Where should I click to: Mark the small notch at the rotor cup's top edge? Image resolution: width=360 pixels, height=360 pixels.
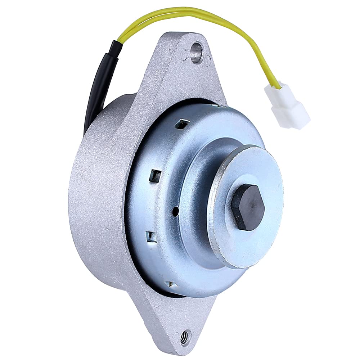click(x=220, y=105)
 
